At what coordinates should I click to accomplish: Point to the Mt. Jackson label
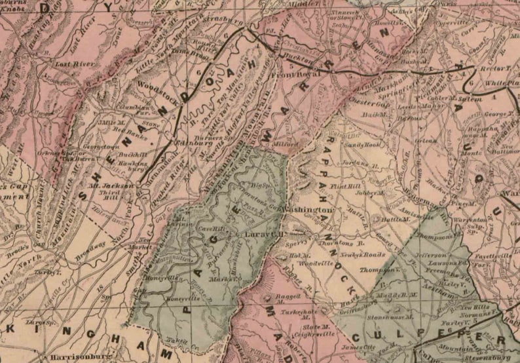[118, 185]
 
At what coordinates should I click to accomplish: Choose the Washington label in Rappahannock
[309, 210]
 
